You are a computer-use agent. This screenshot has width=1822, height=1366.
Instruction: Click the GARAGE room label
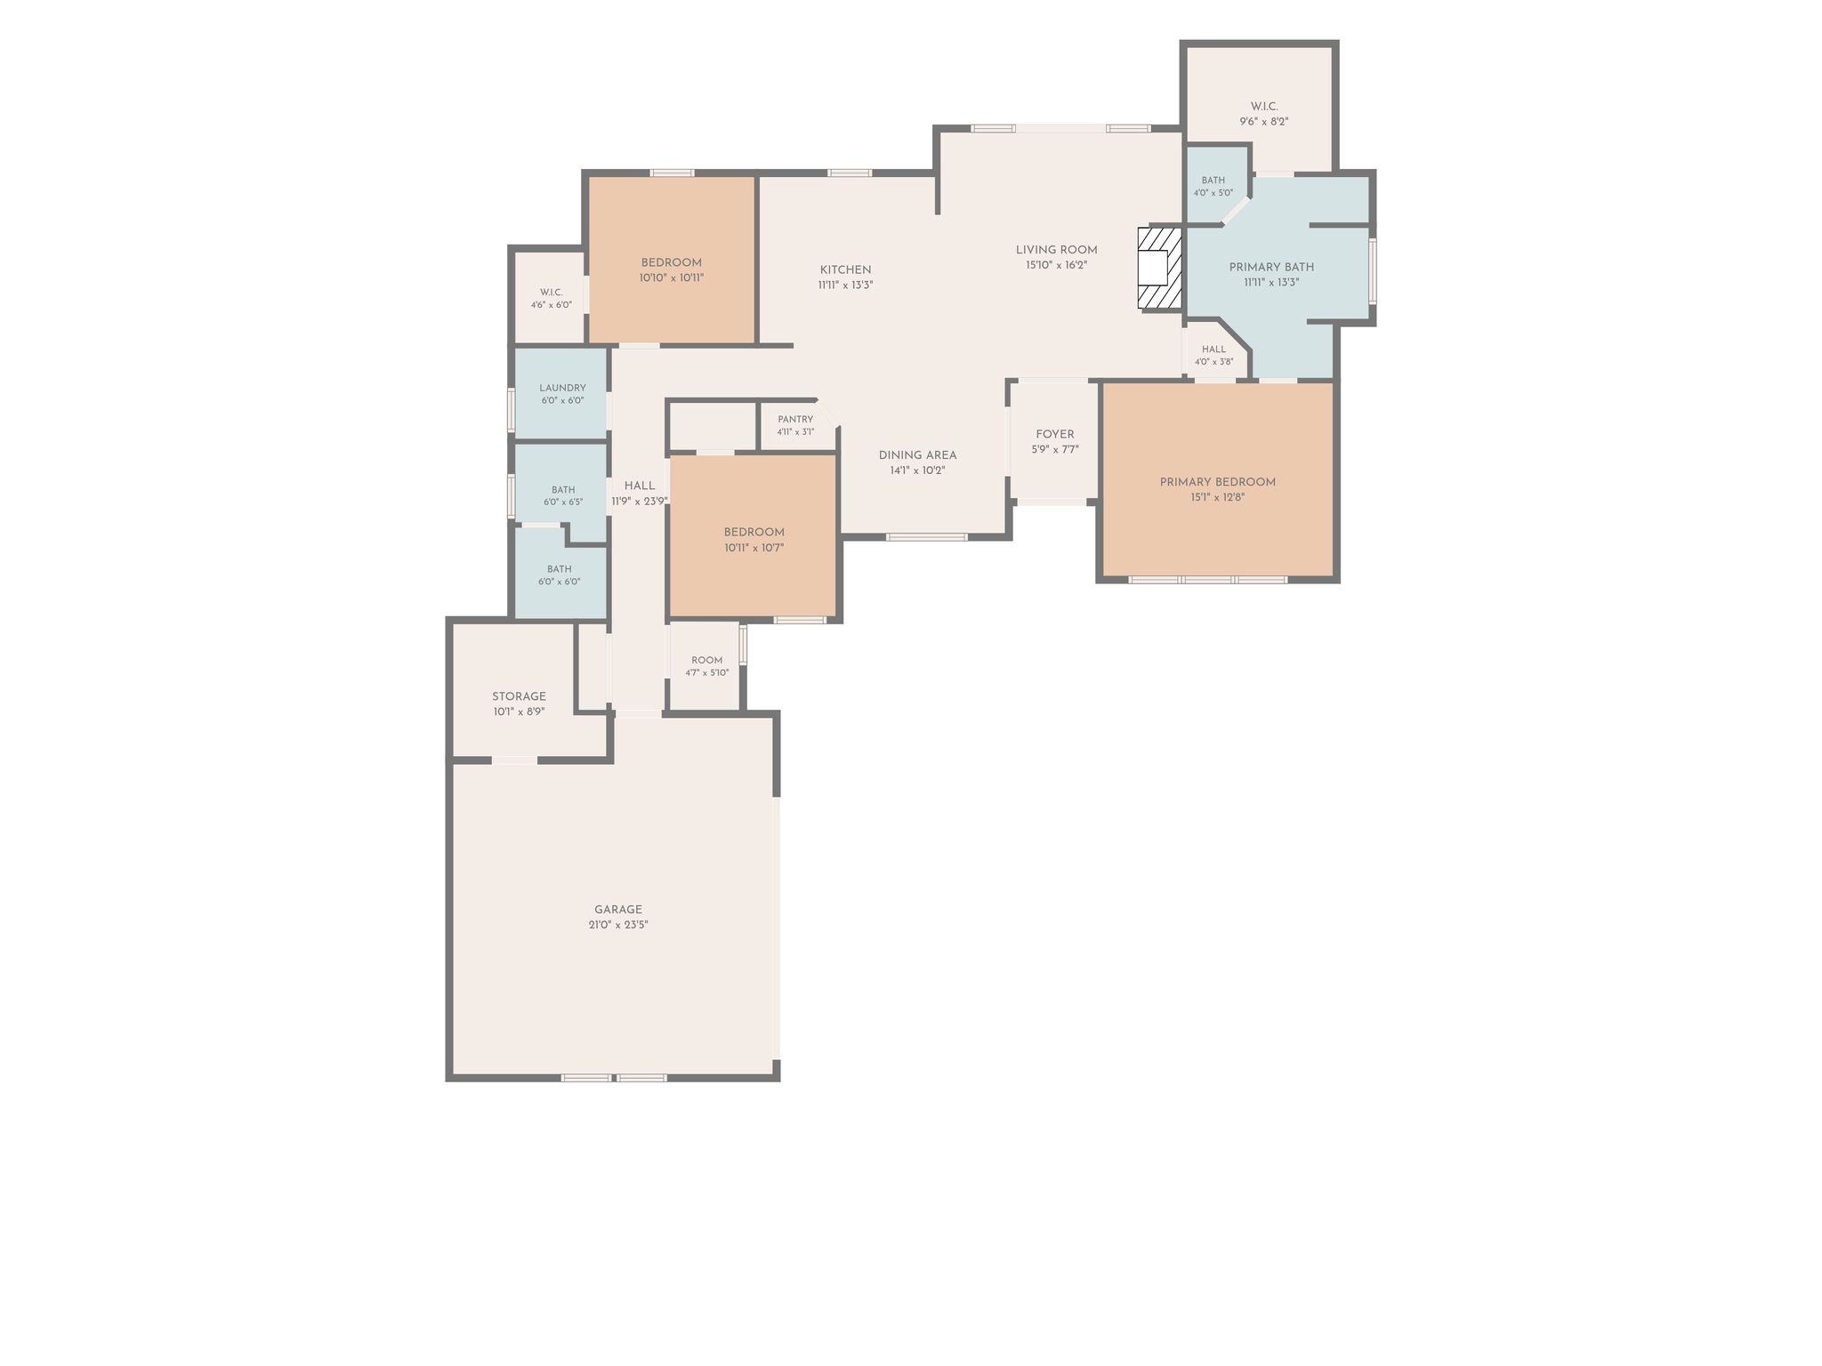(x=618, y=910)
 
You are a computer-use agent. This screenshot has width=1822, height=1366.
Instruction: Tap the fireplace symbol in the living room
(x=1160, y=269)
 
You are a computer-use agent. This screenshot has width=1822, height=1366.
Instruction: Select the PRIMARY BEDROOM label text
(x=1218, y=482)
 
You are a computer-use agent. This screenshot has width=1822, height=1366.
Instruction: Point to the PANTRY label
(x=795, y=420)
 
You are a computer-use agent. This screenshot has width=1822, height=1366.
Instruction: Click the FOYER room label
(x=1055, y=435)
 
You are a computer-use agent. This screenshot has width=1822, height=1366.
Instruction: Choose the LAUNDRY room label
(x=562, y=388)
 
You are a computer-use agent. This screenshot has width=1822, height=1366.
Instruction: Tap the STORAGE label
(x=520, y=696)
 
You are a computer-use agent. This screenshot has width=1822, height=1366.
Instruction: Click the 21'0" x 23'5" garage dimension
(x=618, y=925)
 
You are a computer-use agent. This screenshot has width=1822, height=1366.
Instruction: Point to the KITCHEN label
(x=846, y=270)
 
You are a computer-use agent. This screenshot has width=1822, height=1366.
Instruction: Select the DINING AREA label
(x=918, y=455)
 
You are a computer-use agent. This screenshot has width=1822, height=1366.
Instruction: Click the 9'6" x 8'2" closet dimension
(x=1264, y=122)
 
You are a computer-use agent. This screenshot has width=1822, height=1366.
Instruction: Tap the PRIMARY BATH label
(x=1272, y=267)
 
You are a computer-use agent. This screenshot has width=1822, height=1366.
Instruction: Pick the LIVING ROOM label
(x=1057, y=250)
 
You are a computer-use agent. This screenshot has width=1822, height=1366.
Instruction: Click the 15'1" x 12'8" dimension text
(x=1218, y=498)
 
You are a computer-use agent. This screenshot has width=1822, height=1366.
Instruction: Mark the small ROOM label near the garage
(x=707, y=660)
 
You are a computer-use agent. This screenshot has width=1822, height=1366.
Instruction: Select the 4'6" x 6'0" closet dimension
(x=552, y=305)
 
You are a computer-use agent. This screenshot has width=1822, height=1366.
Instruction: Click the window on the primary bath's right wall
(x=1372, y=270)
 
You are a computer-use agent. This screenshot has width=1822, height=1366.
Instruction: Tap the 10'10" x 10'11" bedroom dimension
(x=672, y=277)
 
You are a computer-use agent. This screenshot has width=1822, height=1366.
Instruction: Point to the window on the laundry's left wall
(x=512, y=410)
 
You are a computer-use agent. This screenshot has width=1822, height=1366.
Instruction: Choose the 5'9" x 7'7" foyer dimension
(x=1055, y=450)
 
